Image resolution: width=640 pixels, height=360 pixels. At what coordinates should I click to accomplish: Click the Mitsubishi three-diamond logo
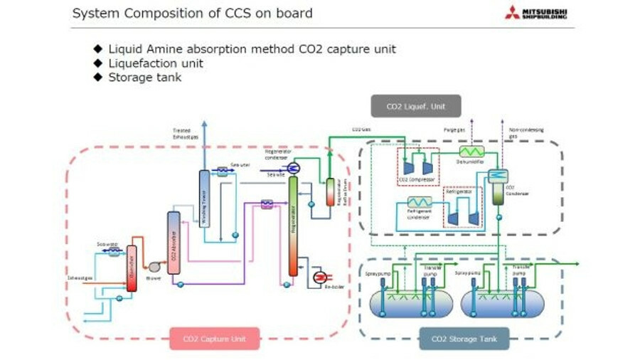(x=512, y=12)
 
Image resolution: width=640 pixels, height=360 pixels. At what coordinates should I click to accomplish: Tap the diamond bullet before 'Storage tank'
(x=98, y=77)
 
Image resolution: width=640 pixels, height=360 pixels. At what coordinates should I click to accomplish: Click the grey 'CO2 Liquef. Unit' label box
(x=415, y=106)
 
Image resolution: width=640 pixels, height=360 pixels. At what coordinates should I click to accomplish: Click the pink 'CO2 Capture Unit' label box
(x=214, y=339)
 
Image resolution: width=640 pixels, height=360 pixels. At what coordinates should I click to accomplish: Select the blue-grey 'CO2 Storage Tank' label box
(x=464, y=339)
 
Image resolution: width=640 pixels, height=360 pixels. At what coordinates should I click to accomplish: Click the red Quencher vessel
(x=132, y=268)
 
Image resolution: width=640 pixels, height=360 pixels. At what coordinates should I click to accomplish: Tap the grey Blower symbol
(x=154, y=266)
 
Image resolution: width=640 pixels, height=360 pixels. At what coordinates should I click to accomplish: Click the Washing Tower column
(x=204, y=198)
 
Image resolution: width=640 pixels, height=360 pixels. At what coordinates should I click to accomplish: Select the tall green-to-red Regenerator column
(x=292, y=226)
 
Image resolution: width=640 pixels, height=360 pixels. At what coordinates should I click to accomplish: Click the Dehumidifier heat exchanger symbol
(x=469, y=151)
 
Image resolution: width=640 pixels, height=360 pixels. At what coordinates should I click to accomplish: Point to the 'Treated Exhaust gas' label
(x=181, y=133)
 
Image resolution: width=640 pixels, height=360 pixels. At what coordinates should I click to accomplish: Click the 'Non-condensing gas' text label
(x=526, y=132)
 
